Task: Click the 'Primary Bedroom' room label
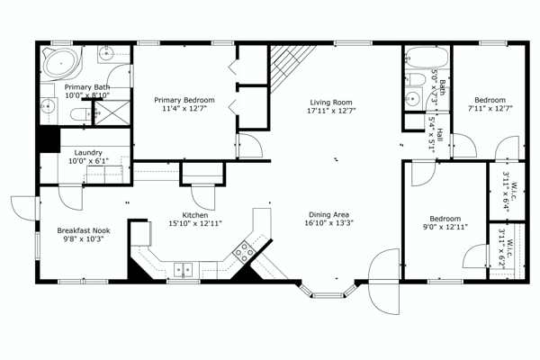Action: pyautogui.click(x=184, y=100)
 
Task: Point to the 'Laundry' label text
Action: pyautogui.click(x=88, y=153)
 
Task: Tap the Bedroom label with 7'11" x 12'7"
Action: pyautogui.click(x=490, y=100)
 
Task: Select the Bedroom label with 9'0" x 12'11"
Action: pyautogui.click(x=445, y=219)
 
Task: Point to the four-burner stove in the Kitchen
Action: pyautogui.click(x=244, y=253)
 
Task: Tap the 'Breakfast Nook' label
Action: pyautogui.click(x=82, y=230)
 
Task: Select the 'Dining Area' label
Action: pyautogui.click(x=328, y=214)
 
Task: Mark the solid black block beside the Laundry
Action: pyautogui.click(x=50, y=140)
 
